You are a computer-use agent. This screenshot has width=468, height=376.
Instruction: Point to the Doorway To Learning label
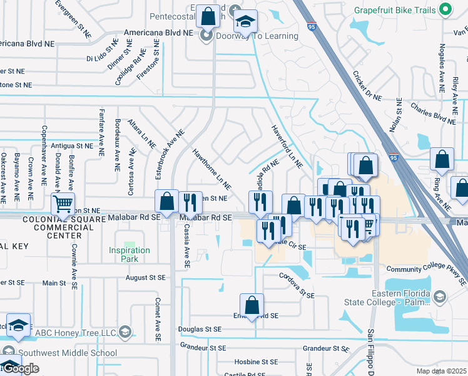point(257,36)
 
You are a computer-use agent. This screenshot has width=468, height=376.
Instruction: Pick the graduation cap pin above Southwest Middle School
point(18,325)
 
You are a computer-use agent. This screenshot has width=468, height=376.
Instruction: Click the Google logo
point(20,368)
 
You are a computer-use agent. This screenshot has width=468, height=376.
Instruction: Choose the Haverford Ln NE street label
point(287,147)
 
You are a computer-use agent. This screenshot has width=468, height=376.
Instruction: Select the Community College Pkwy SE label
point(427,269)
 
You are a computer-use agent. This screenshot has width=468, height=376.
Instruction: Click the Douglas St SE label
point(200,329)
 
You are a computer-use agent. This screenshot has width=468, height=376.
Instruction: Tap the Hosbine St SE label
point(255,362)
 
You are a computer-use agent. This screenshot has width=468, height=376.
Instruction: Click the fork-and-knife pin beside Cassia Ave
point(188,202)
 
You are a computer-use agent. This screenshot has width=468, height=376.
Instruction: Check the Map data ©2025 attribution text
point(441,371)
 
